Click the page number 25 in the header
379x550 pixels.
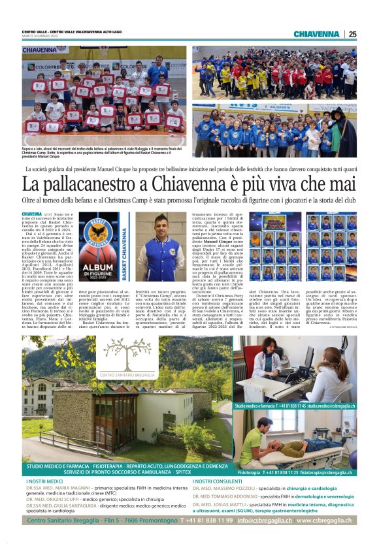[352, 34]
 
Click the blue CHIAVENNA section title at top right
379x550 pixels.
[316, 34]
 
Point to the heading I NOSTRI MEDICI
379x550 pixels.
[46, 481]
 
